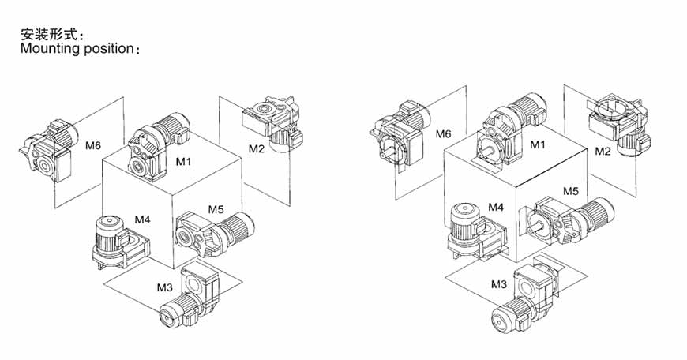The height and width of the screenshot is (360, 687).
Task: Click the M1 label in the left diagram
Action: pos(183,162)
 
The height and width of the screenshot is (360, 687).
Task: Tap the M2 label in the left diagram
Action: pos(257,149)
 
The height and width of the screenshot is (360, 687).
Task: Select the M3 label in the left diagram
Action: pos(165,287)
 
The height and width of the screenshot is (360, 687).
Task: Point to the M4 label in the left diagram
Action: pos(142,219)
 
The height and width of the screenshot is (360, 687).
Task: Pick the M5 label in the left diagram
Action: pos(216,209)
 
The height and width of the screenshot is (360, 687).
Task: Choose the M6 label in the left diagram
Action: pos(93,145)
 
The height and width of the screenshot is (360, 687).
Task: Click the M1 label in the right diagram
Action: pos(538,144)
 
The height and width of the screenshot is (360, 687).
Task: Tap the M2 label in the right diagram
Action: pos(603,152)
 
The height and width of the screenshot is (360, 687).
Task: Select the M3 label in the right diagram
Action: pos(499,285)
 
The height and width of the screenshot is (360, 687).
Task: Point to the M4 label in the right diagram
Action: pos(496,207)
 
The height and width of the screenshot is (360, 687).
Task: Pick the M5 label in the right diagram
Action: pos(571,191)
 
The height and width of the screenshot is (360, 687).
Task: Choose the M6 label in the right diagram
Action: pos(443,134)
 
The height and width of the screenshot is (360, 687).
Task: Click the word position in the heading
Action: pos(108,49)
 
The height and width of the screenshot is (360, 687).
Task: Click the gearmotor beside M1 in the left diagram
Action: pos(158,147)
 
